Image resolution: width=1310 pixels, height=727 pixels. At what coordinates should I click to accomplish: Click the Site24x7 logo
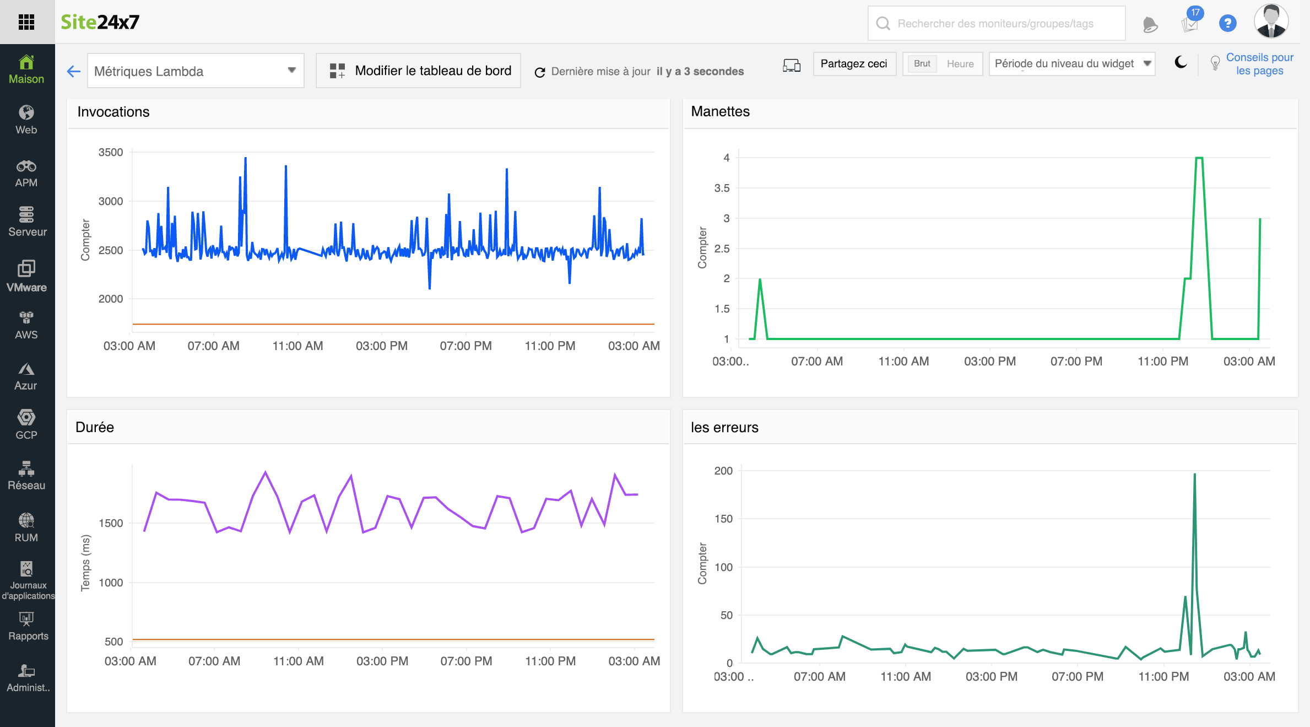[x=100, y=22]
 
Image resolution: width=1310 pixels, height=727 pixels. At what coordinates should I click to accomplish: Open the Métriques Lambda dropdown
[x=196, y=71]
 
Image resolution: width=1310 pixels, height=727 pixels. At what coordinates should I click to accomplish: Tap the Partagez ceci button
[x=853, y=64]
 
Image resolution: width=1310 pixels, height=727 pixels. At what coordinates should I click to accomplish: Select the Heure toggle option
[x=960, y=64]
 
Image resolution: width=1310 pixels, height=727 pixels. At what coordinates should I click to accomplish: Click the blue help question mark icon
[x=1227, y=23]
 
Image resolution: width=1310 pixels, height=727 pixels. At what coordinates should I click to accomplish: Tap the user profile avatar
[x=1271, y=22]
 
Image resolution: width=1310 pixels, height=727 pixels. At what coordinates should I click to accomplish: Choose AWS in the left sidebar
[x=26, y=325]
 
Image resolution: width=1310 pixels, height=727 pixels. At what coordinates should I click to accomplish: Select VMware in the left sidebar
[x=26, y=276]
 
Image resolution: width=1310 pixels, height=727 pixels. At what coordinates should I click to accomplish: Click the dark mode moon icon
[x=1181, y=63]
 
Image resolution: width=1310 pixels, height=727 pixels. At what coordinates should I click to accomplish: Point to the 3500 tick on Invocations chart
[x=111, y=153]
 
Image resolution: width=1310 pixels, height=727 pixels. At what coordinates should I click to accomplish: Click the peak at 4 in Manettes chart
[x=1199, y=158]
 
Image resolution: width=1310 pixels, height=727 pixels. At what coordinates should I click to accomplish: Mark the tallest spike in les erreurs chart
[x=1194, y=475]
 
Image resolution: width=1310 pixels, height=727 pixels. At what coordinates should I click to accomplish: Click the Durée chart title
[x=95, y=427]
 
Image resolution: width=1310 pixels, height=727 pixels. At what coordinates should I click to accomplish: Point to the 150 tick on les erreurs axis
[x=723, y=519]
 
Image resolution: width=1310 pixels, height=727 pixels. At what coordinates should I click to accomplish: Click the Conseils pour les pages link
[x=1259, y=64]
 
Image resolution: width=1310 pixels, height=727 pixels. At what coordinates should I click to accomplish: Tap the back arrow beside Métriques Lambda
[x=74, y=71]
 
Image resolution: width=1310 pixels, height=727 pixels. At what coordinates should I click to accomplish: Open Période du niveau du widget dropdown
[x=1071, y=64]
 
